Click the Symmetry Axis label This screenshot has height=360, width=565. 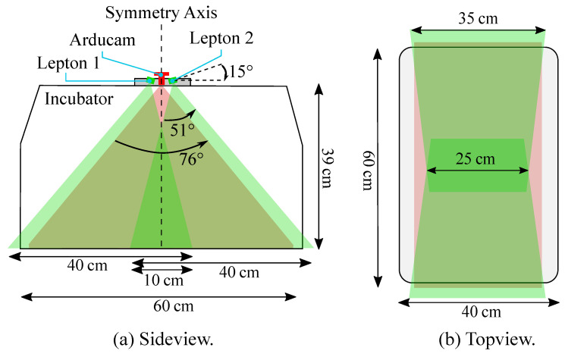point(161,12)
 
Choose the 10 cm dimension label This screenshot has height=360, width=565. point(163,280)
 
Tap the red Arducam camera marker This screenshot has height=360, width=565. point(161,78)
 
